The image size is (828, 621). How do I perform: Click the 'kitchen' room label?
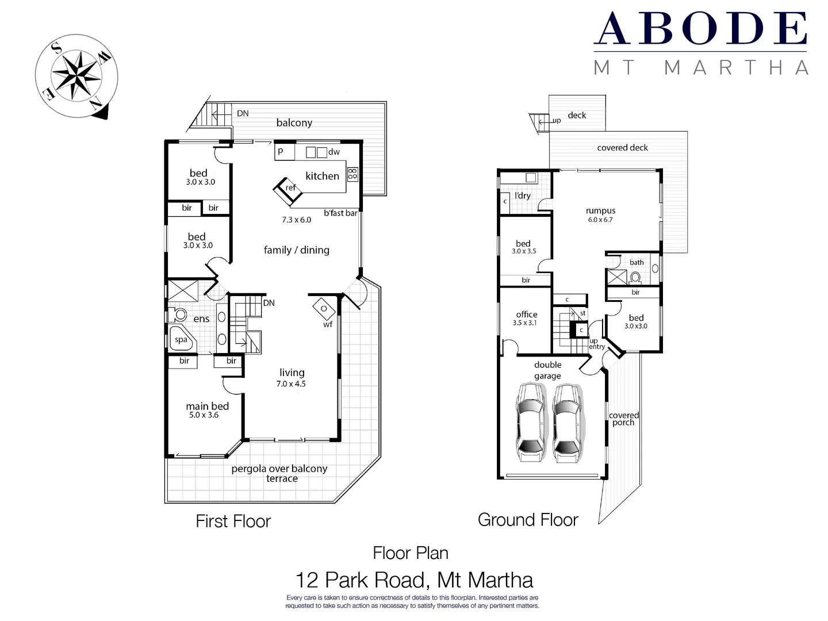[x=322, y=176]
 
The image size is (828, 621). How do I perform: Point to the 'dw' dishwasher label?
[x=334, y=152]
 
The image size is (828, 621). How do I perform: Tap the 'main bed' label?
[x=207, y=407]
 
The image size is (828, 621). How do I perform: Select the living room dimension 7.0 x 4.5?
[x=291, y=384]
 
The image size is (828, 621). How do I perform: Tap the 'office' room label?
[x=526, y=315]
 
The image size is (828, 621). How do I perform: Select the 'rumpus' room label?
[x=600, y=211]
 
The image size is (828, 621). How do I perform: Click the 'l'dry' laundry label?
[x=523, y=196]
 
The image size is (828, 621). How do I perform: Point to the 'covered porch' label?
[x=624, y=419]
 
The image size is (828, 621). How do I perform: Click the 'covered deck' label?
[x=622, y=148]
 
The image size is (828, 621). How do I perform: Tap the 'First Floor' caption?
[x=233, y=522]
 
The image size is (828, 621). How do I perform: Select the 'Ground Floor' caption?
[x=528, y=520]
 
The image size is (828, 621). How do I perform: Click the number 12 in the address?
[x=306, y=580]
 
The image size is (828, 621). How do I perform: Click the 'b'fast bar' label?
[x=340, y=213]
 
